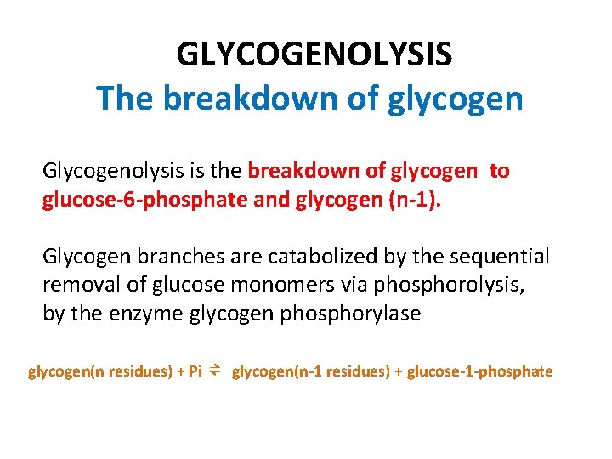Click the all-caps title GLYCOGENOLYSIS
click(x=314, y=55)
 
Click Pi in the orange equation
click(x=194, y=371)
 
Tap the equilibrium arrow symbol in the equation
click(x=216, y=371)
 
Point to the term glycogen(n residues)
click(x=99, y=371)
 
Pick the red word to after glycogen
click(x=500, y=171)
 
